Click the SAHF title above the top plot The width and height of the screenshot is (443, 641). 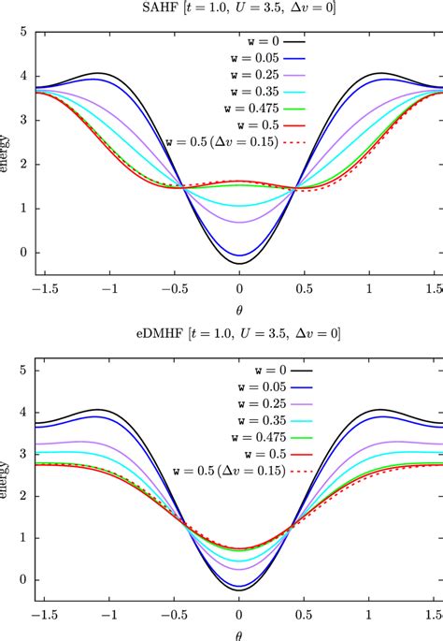[239, 10]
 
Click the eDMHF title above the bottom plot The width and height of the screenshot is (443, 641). [239, 334]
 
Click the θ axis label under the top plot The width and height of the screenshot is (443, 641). [239, 310]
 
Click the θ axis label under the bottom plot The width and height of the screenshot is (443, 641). [239, 634]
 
